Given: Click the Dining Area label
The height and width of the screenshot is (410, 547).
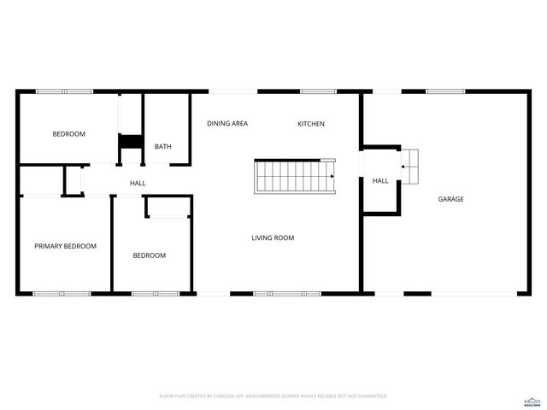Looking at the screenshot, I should point(227,124).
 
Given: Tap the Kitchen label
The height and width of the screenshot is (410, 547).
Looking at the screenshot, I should point(310,124).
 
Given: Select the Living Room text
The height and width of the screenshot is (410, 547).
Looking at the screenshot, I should point(273,237).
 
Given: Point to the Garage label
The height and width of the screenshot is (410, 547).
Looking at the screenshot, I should point(450,199).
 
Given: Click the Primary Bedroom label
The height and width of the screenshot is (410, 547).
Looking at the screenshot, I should point(65,246).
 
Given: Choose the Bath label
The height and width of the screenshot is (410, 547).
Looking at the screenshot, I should point(162,146).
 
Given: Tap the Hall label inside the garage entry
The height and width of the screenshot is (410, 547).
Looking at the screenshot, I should point(380,180).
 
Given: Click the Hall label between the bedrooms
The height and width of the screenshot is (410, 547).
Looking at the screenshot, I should point(138,184).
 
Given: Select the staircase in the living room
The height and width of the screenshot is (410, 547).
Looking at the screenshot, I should point(295,175).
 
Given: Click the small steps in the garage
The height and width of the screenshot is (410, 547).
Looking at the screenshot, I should point(410,166).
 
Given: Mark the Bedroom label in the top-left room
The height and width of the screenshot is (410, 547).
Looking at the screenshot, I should point(68,133).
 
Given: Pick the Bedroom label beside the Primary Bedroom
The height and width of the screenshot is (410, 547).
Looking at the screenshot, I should point(149,255).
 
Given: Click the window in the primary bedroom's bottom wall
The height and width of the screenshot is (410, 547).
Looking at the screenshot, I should point(62,294).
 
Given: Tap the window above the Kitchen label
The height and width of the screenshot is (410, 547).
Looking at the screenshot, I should point(318,91).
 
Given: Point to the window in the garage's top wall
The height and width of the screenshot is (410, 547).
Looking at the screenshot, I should point(445,91).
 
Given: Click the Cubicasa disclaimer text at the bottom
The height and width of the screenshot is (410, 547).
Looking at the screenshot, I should point(273,396).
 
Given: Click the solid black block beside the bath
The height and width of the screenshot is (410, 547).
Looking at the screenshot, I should point(130,142).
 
